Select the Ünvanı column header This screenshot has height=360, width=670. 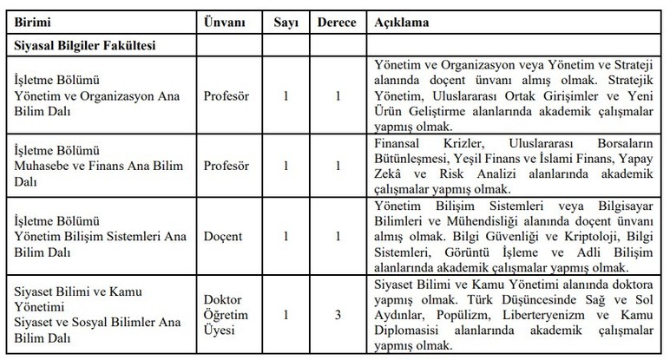click(224, 19)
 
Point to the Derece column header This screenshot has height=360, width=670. click(335, 19)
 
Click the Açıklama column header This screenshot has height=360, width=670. click(398, 19)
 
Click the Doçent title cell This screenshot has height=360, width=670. click(221, 235)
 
